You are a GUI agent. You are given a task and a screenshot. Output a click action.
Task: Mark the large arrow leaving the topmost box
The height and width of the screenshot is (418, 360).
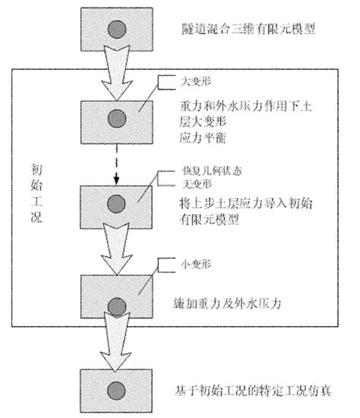point(115,72)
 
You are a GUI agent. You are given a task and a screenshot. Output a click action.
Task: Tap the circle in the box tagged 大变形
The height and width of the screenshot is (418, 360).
point(116,118)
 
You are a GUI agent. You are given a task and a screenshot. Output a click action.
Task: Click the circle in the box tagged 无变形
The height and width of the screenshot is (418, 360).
point(116,203)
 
